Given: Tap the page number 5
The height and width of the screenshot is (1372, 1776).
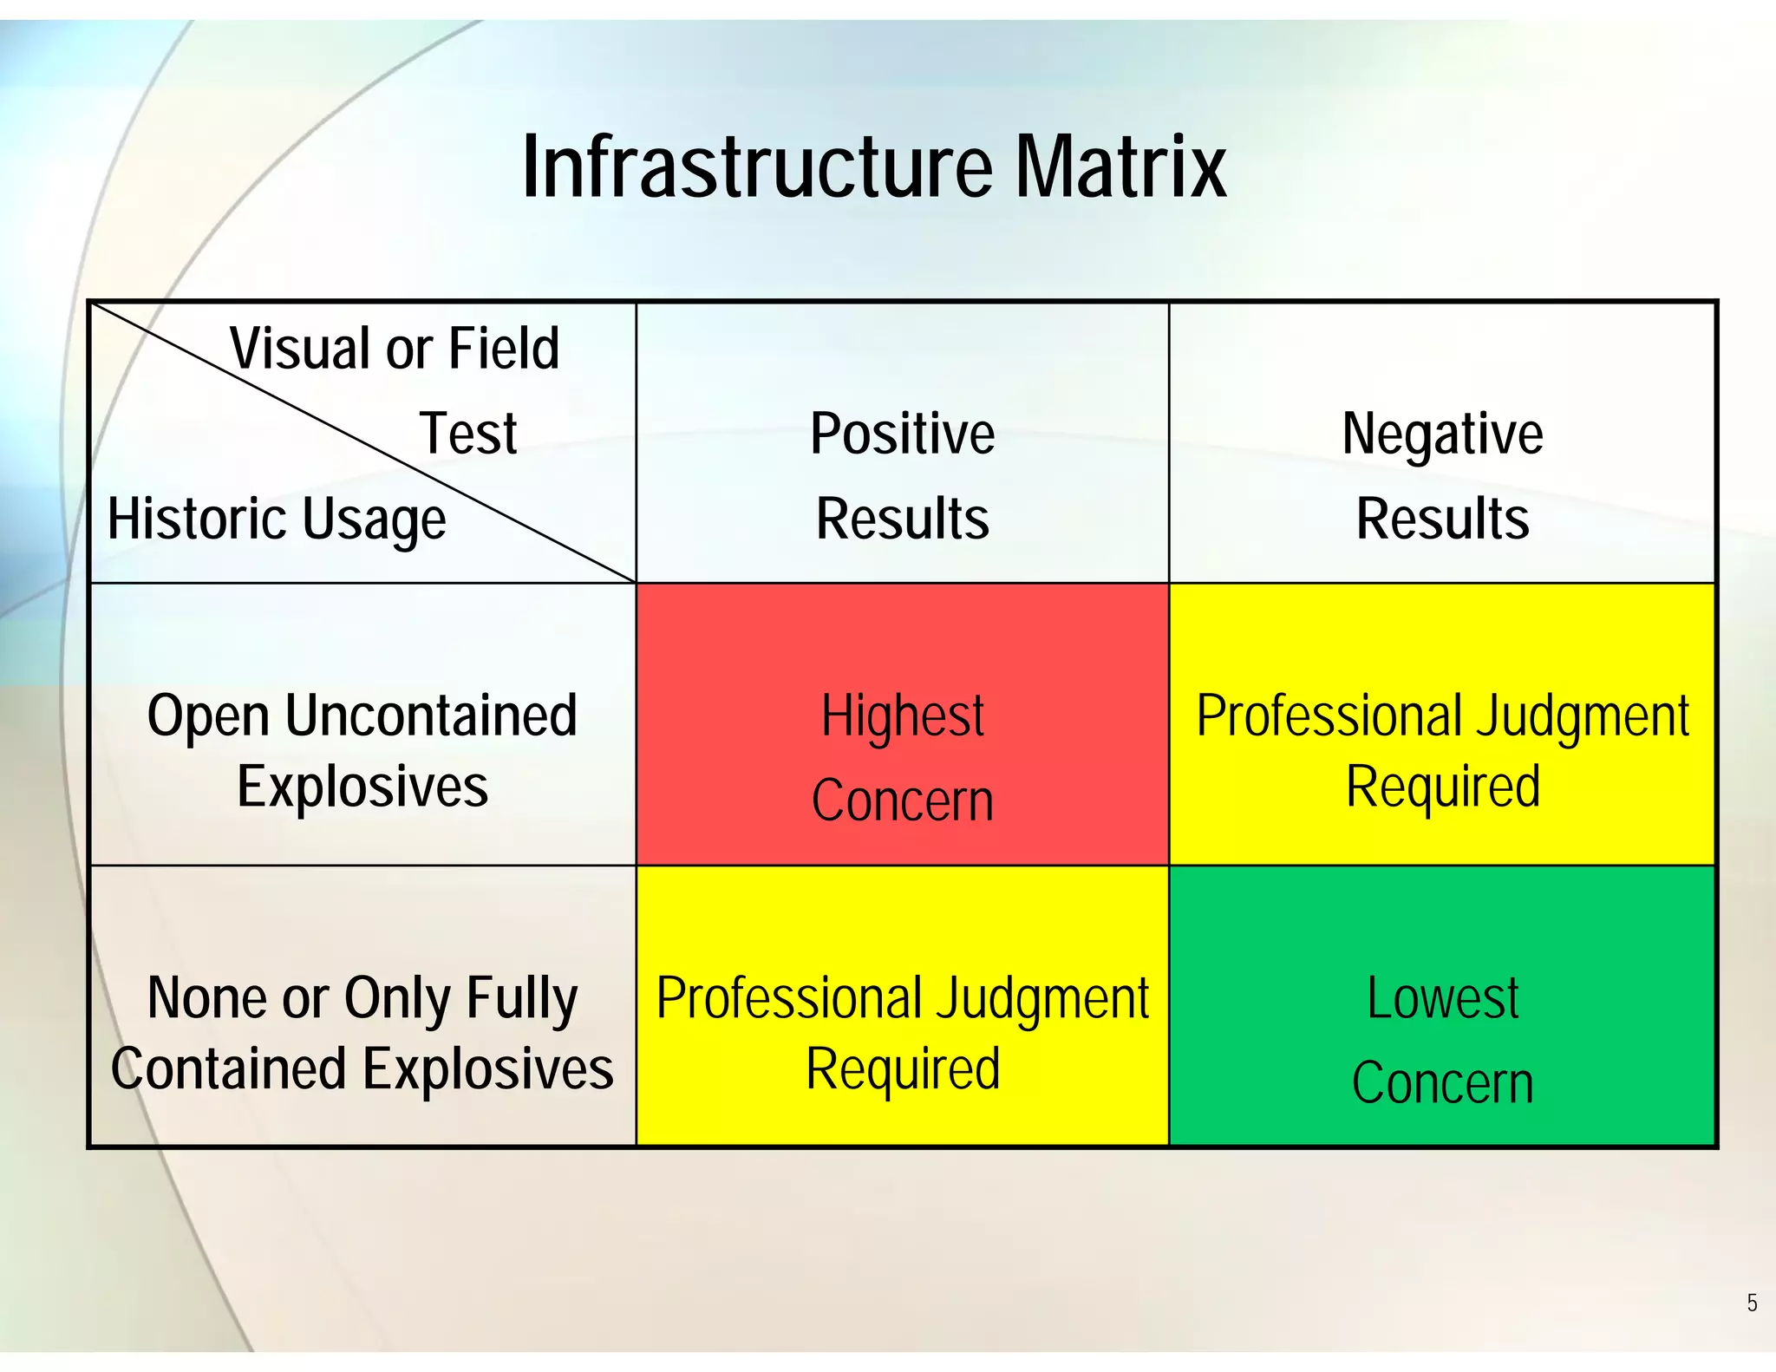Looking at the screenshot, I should (1752, 1303).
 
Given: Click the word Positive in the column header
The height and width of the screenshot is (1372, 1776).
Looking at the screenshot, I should (902, 434).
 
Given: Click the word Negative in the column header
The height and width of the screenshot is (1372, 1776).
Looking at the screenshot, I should (1442, 434).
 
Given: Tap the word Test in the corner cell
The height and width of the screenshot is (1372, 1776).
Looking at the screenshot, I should (468, 434).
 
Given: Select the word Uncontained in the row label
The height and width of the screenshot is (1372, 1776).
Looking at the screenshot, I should (430, 716).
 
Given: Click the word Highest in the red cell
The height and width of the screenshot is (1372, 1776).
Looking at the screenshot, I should (902, 716).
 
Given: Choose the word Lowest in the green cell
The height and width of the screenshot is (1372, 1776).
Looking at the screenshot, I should (1442, 998).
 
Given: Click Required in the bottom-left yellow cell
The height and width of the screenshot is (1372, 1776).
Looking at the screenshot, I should (902, 1069).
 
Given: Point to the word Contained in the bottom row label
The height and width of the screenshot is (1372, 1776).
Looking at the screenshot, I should (228, 1069).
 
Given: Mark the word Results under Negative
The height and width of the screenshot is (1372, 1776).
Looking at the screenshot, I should (1442, 519).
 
